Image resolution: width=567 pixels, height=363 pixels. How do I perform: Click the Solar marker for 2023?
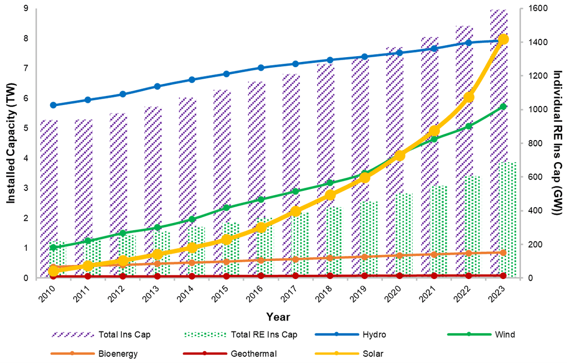tap(503, 39)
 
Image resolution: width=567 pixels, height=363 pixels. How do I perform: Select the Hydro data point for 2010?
tap(53, 105)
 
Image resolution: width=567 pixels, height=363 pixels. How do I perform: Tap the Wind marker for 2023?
tap(503, 106)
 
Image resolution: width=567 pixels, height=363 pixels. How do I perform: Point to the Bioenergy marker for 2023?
tap(503, 252)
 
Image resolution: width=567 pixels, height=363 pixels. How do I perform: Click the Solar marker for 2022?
tap(469, 97)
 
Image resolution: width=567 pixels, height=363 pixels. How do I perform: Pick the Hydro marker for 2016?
tap(261, 68)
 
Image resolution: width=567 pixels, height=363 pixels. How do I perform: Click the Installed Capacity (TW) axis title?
tap(12, 143)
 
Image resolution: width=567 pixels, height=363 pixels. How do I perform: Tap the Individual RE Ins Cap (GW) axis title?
tap(556, 143)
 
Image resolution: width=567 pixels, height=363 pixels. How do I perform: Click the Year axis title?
tap(278, 317)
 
